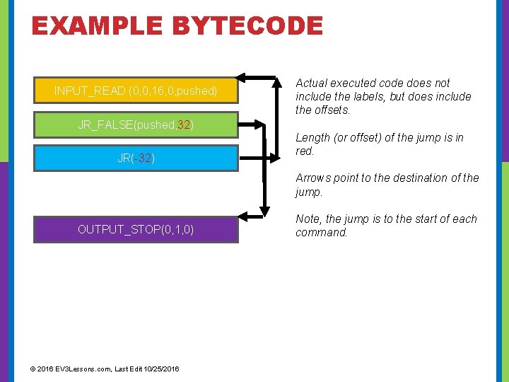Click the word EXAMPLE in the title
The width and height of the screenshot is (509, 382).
[94, 26]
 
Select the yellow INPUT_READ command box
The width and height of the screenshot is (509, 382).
[136, 91]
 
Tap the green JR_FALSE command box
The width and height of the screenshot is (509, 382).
[136, 125]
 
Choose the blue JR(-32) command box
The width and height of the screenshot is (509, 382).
[136, 158]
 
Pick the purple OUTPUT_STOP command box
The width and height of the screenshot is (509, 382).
[136, 229]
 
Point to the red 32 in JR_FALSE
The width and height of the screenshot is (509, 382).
[184, 125]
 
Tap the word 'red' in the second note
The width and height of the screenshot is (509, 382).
[305, 151]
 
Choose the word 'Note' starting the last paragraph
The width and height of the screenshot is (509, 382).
[308, 219]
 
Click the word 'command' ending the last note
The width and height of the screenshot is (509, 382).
[321, 233]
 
